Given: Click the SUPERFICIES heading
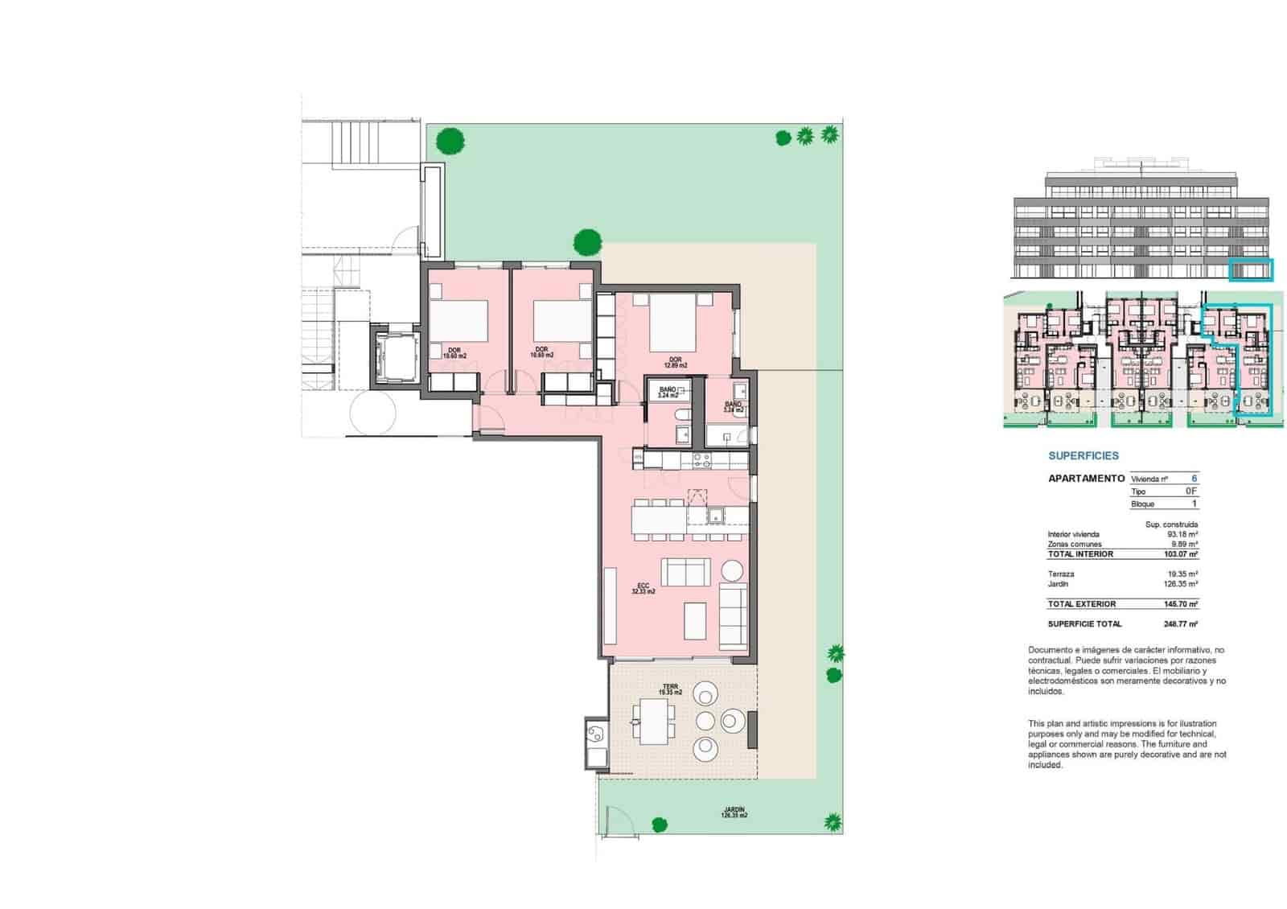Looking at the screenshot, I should [x=1083, y=455].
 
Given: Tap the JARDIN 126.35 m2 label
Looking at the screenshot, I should [x=734, y=812].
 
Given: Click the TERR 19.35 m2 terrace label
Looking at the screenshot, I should [x=670, y=689].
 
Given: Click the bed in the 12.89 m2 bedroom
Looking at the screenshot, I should [x=673, y=323].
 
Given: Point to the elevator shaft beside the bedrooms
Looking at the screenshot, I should [x=395, y=356].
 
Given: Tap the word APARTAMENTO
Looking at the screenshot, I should [x=1086, y=479].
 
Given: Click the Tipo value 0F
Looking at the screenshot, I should [x=1190, y=491].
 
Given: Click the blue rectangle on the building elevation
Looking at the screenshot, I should [x=1252, y=270].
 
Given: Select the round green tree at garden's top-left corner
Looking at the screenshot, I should [x=450, y=142].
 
